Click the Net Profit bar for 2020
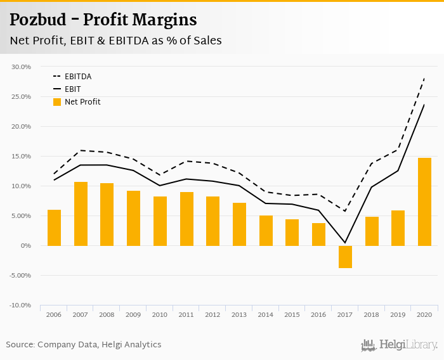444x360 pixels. coord(424,202)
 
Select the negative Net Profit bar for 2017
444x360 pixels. coord(345,257)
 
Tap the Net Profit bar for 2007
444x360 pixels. coord(81,214)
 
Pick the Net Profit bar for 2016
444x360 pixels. coord(318,234)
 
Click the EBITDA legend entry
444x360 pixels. coord(78,77)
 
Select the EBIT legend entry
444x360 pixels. coord(72,89)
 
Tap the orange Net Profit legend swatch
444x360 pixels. coord(56,102)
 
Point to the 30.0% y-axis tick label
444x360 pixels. coord(22,67)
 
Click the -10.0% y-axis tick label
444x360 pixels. coord(21,305)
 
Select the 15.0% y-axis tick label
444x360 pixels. coord(22,157)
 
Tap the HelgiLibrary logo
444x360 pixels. coord(400,345)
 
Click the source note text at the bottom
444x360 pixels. coord(84,345)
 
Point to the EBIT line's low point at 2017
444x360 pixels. coord(345,242)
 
